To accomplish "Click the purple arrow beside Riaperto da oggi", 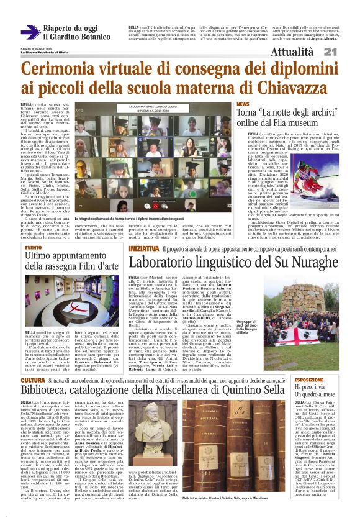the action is point(30,32).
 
